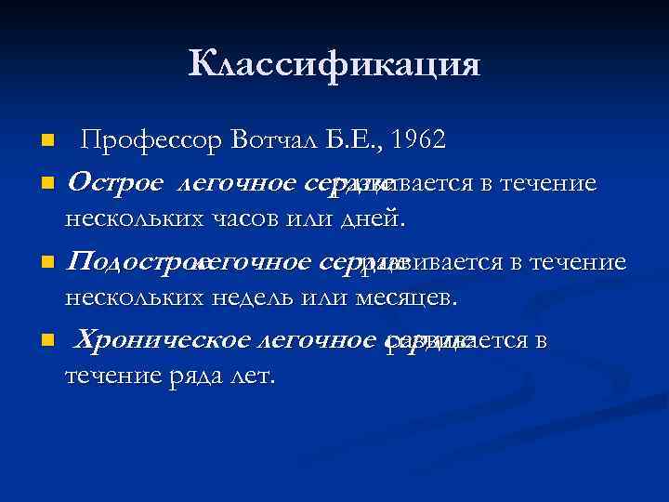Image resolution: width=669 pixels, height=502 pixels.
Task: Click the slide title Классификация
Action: (x=334, y=65)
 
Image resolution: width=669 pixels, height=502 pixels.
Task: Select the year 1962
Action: (x=419, y=140)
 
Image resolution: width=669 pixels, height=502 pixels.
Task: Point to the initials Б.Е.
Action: (x=357, y=140)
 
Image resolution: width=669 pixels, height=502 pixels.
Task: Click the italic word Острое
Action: (x=116, y=183)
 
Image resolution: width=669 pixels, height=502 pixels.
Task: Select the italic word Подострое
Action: (x=135, y=262)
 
